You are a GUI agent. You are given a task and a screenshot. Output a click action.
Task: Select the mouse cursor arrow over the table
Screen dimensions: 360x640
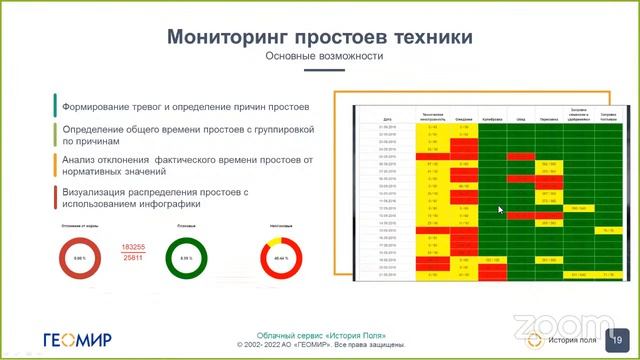pos(501,210)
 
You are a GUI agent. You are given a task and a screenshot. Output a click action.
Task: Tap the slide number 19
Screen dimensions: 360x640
pos(617,338)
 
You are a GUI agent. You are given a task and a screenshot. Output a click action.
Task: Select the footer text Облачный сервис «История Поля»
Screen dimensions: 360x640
pos(320,334)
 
